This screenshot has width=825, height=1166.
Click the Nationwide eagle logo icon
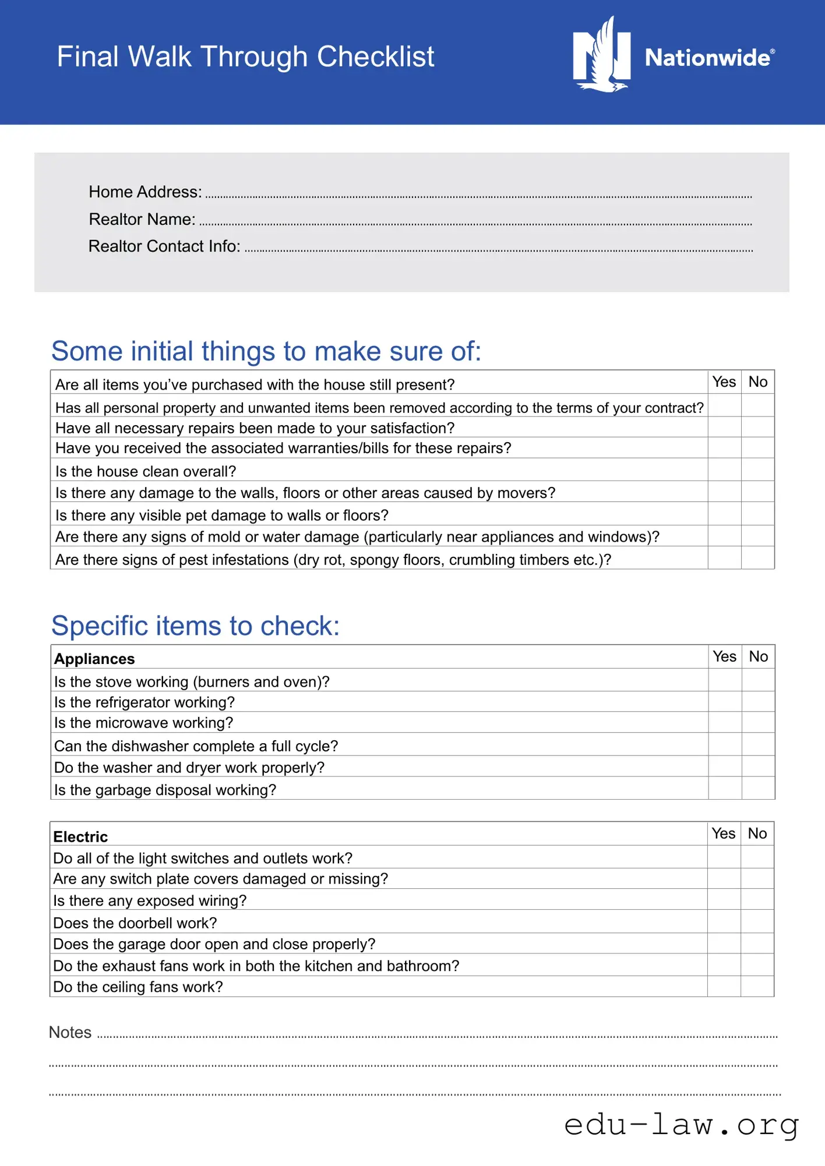pos(602,55)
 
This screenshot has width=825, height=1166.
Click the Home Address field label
pos(145,192)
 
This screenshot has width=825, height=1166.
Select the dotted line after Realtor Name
pos(475,223)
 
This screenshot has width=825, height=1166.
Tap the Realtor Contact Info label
pos(164,246)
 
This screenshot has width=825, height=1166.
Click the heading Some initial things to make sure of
pos(266,351)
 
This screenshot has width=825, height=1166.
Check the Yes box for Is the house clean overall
pos(724,469)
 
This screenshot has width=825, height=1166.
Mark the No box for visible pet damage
pos(757,514)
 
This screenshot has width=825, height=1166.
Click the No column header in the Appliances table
pos(758,656)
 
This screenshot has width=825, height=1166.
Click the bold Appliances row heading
pos(94,659)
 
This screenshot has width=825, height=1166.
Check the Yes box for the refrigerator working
pos(725,701)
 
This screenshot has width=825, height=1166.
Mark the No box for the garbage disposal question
pos(758,788)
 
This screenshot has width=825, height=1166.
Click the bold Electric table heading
pos(80,837)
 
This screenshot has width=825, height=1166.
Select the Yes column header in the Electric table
pos(724,833)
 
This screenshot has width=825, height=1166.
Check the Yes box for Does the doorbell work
pos(724,921)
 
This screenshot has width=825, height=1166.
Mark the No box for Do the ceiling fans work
pos(757,986)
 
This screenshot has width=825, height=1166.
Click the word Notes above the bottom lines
pos(70,1032)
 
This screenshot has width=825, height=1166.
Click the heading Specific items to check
pos(195,626)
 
